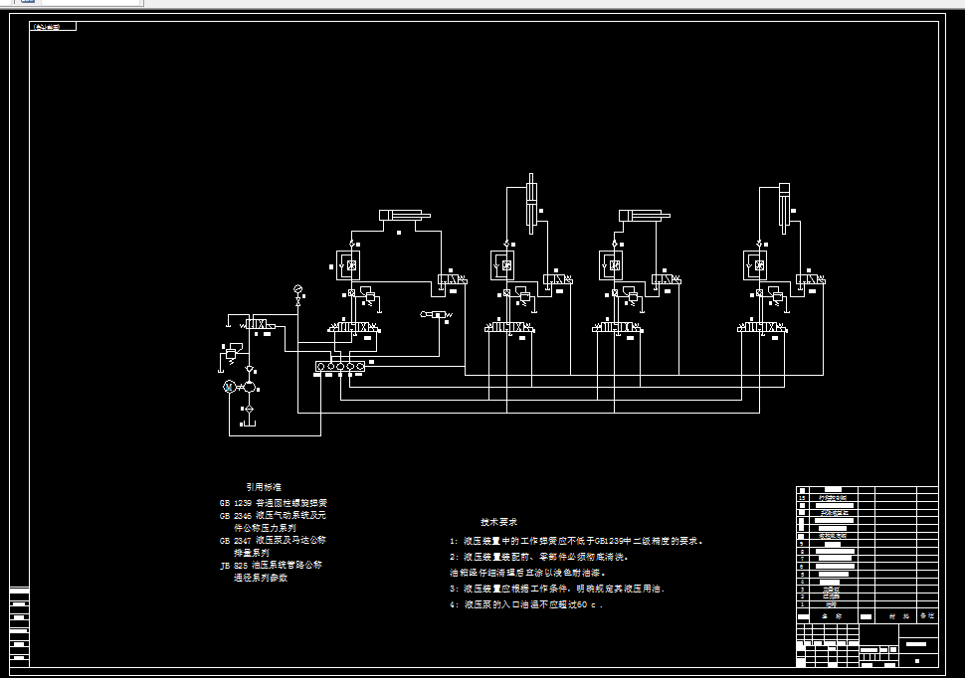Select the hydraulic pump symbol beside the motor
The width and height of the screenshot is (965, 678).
[x=249, y=386]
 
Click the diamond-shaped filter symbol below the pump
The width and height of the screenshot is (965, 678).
[x=249, y=408]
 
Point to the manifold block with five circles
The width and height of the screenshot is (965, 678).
[x=339, y=367]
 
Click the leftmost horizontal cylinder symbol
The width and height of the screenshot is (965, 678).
[x=403, y=216]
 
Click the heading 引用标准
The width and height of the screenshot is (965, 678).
[x=264, y=487]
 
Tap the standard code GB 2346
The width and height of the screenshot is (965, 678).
[x=231, y=516]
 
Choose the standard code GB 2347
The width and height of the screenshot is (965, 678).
[x=231, y=540]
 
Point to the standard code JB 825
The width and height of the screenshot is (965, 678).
[x=231, y=565]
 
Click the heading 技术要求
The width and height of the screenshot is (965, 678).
[x=498, y=522]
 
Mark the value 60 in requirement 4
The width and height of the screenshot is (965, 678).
[x=581, y=604]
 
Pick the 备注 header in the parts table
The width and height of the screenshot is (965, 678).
[x=927, y=616]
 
